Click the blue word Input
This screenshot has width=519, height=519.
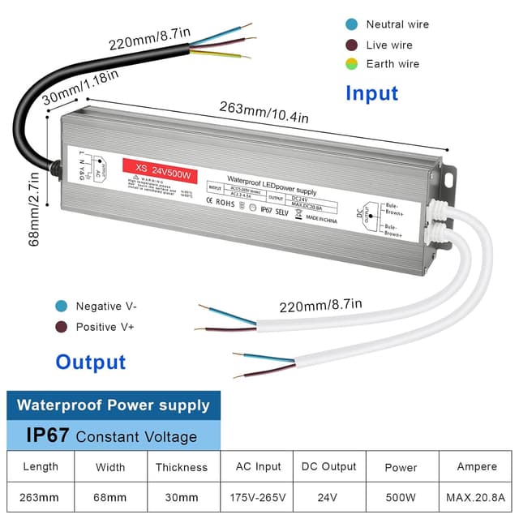click(371, 93)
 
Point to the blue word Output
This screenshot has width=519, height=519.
click(91, 362)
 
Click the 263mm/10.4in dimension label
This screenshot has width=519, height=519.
click(264, 113)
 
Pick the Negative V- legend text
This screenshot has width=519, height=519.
click(106, 307)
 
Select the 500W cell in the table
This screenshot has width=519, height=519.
click(401, 495)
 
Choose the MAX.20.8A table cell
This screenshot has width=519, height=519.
click(475, 495)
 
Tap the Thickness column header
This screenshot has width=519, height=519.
click(182, 467)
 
